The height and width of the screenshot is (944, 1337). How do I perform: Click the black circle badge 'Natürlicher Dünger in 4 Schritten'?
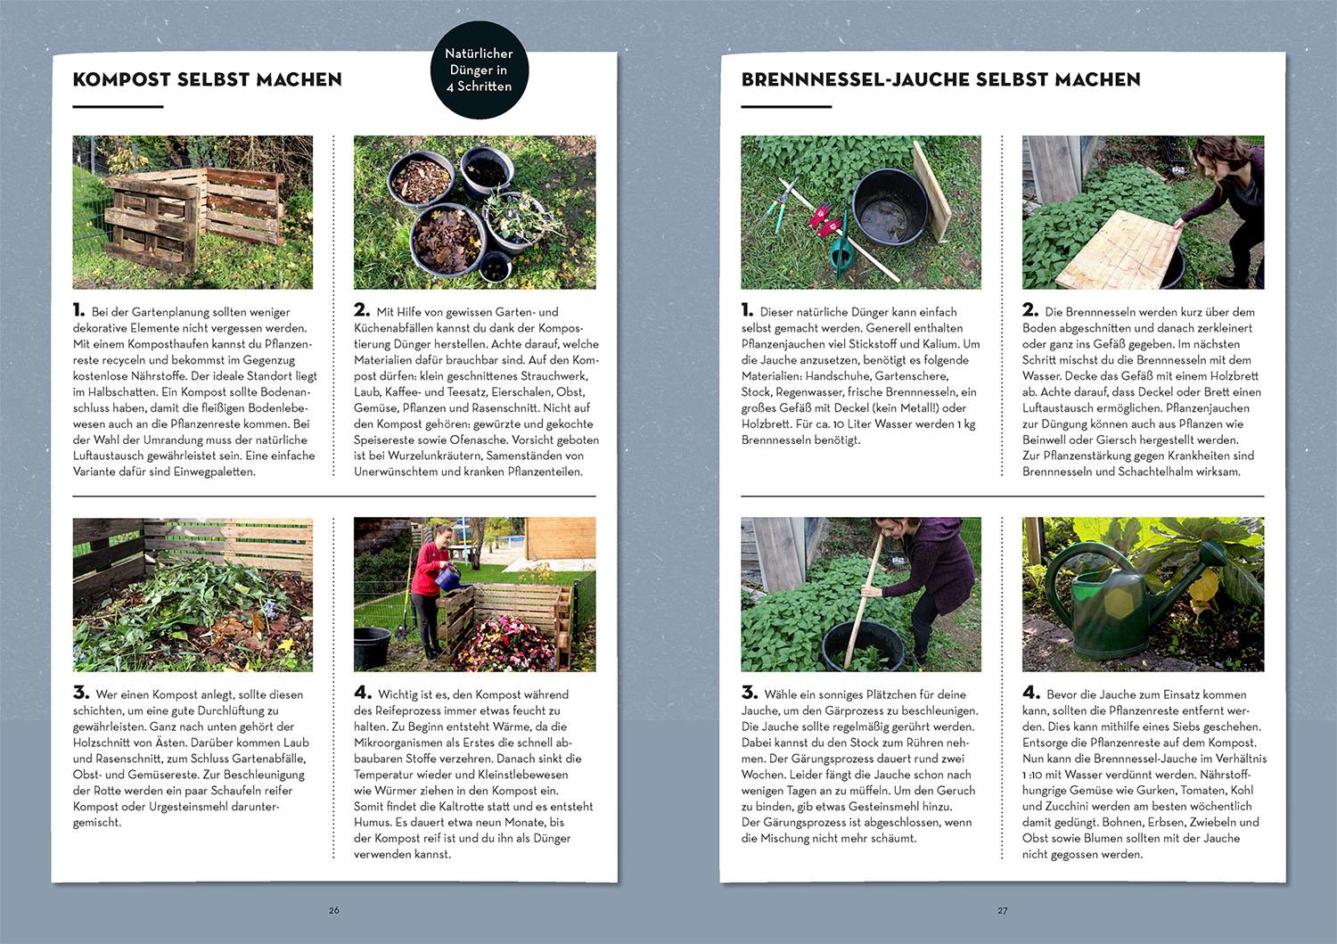pos(478,70)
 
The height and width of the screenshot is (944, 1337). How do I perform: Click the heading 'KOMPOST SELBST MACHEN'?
pos(207,79)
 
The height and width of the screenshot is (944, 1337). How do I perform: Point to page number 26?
pos(333,910)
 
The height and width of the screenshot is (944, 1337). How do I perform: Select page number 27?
pos(1002,910)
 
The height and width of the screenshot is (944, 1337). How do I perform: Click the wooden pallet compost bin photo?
pos(193,212)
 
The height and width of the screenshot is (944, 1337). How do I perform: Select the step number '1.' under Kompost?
pos(78,310)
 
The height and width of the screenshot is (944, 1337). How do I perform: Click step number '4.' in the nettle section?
pos(1030,693)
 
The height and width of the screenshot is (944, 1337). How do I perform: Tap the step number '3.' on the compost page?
pos(80,693)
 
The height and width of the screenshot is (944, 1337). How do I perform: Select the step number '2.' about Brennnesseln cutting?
pos(1030,310)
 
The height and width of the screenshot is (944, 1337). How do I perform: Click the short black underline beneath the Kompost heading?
pos(118,107)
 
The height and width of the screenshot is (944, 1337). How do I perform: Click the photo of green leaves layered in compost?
pos(193,595)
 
